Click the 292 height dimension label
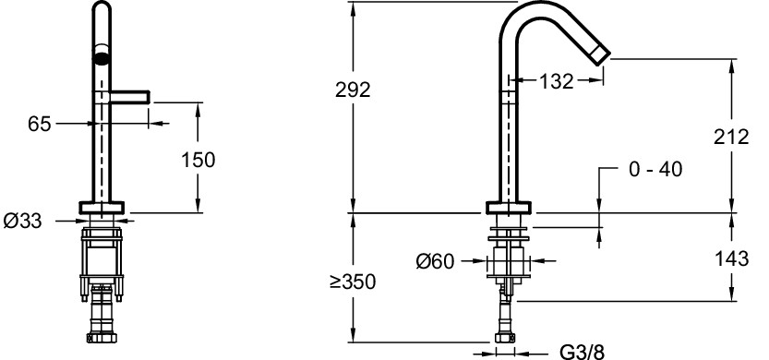point(353,90)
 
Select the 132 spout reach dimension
point(556,81)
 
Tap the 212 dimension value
point(731,137)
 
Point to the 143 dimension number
point(731,258)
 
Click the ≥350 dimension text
point(352,282)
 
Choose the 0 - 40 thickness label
point(655,169)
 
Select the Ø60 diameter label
point(435,261)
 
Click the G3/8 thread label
point(583,352)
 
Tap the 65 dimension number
point(39,124)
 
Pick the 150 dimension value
point(198,160)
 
